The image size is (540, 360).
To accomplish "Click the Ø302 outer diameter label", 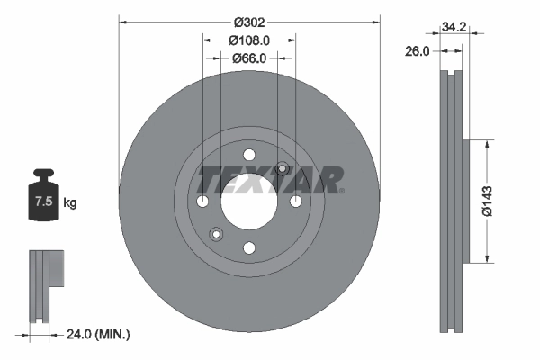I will (249, 21).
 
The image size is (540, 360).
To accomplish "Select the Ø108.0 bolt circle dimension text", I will (249, 40).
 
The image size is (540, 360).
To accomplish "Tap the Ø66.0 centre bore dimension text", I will (249, 58).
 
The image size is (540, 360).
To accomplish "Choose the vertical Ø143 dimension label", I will (488, 201).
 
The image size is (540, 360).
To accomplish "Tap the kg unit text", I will (70, 203).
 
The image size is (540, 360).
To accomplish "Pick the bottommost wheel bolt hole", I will (249, 247).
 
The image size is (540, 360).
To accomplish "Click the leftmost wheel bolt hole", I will (202, 200).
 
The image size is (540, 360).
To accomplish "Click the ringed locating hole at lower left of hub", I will (216, 234).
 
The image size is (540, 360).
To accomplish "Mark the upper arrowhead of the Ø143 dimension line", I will (488, 143).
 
